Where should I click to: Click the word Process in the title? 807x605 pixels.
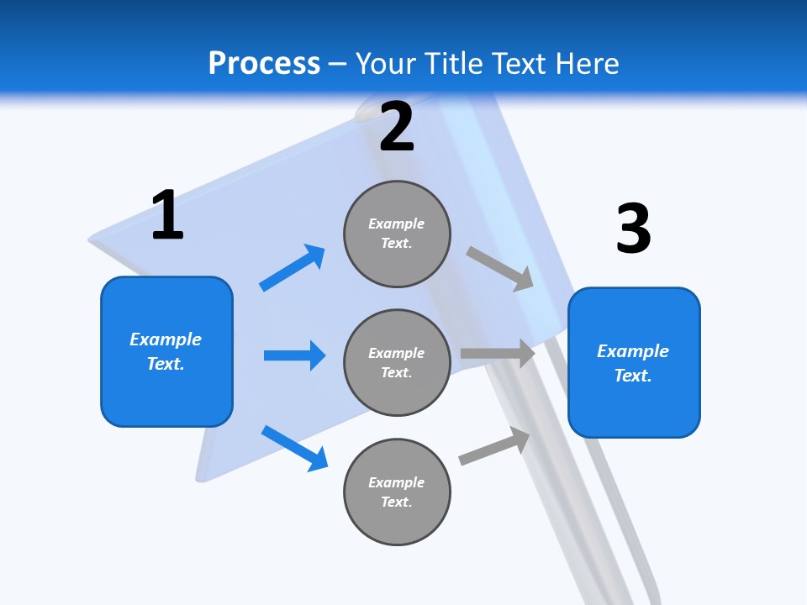[x=264, y=64]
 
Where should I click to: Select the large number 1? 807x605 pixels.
[x=167, y=216]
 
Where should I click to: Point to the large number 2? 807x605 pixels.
[x=397, y=127]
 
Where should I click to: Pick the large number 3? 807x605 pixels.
[x=633, y=229]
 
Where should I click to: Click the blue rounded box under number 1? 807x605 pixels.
[x=166, y=351]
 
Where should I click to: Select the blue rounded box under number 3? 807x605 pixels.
[x=634, y=363]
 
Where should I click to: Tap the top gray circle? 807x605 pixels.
[x=397, y=234]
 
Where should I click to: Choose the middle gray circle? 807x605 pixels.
[x=397, y=363]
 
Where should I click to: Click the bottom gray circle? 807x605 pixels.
[x=397, y=492]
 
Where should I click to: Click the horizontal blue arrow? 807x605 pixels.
[x=294, y=355]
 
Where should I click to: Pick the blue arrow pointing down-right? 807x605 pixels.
[x=294, y=448]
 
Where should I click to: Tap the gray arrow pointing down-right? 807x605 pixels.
[x=500, y=268]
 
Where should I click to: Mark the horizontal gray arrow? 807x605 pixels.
[x=498, y=354]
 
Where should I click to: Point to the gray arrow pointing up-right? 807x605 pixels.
[x=494, y=446]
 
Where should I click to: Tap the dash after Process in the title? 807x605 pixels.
[x=338, y=64]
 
